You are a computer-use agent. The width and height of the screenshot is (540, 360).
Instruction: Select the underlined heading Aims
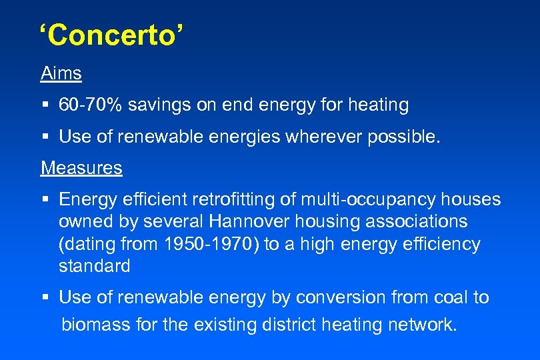point(61,73)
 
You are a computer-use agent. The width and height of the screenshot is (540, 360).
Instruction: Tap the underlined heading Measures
point(81,168)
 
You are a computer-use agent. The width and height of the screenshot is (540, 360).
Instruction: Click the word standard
point(94,266)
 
